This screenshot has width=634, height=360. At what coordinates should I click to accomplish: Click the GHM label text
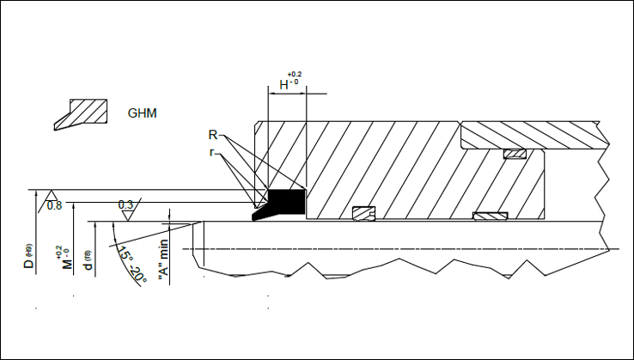142,113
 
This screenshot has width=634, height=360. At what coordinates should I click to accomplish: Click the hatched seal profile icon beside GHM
82,113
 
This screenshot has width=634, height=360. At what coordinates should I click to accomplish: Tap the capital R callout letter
212,135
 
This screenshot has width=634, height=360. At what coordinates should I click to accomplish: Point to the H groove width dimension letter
284,85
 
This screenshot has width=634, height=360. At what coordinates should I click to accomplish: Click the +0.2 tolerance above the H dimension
295,75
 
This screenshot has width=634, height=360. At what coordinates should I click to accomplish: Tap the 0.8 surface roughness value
54,205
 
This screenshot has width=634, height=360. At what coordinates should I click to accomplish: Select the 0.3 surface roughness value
125,204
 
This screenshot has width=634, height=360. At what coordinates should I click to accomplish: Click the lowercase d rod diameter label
88,261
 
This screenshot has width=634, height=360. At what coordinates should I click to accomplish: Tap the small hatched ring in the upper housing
514,154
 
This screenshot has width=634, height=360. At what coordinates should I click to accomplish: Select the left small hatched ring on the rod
364,211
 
